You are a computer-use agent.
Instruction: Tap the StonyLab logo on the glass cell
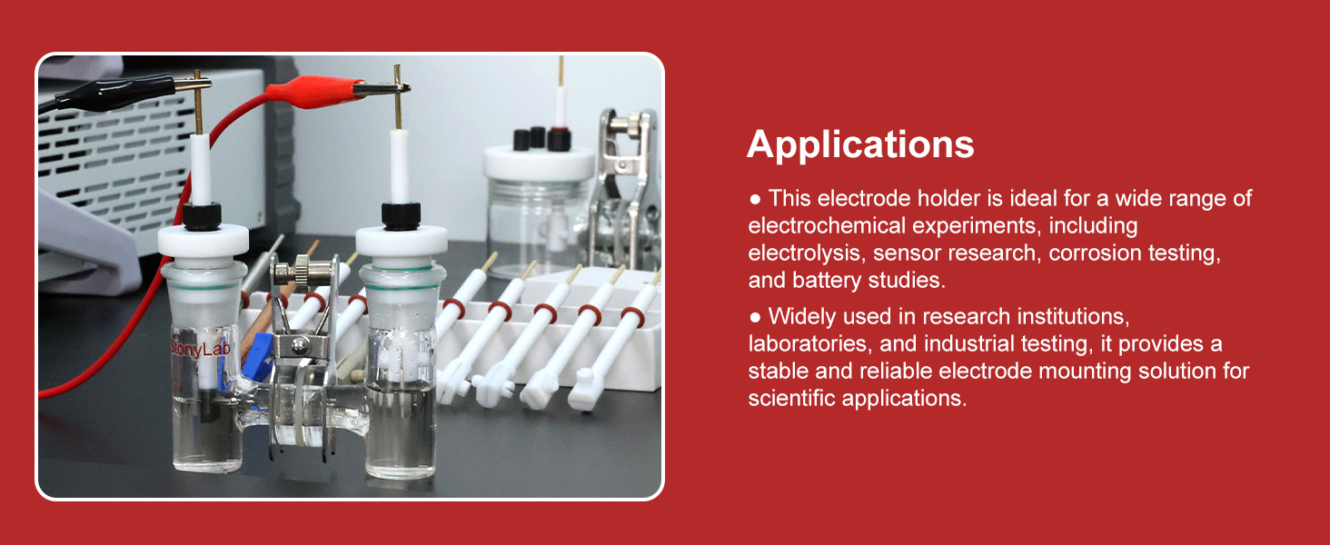(x=200, y=349)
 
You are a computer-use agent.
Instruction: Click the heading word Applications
(x=860, y=144)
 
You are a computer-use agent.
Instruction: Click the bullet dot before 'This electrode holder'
(x=755, y=199)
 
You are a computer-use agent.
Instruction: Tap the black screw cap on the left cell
(x=202, y=216)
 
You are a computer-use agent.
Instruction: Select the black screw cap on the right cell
(x=401, y=216)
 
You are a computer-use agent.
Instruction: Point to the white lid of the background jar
(x=539, y=163)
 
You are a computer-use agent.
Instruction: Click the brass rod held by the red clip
(x=398, y=97)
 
